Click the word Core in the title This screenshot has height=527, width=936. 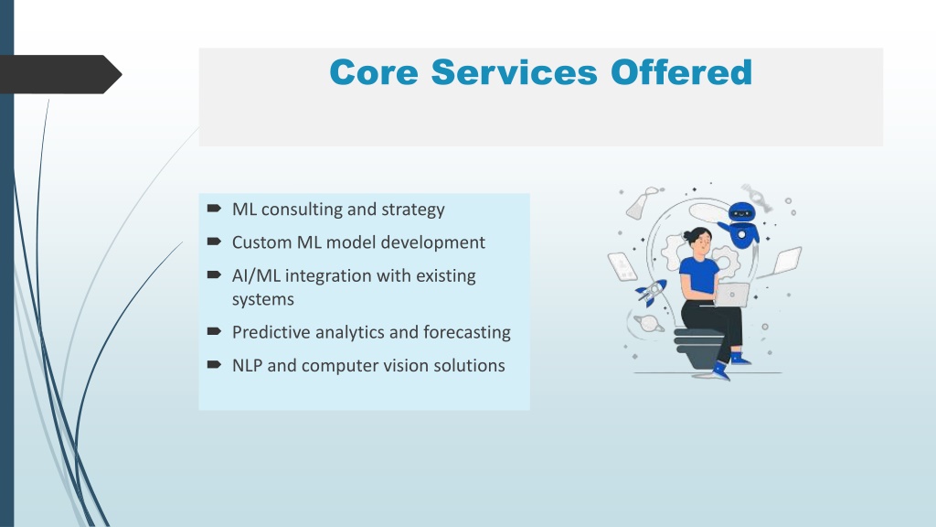(x=374, y=72)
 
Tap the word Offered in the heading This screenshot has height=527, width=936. (x=681, y=72)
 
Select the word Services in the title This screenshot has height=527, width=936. (x=514, y=72)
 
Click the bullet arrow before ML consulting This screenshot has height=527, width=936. (x=214, y=208)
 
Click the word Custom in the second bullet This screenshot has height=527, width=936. (x=261, y=242)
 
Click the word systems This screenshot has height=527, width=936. (x=263, y=299)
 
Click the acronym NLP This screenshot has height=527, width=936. (x=247, y=365)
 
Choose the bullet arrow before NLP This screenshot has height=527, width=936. (x=214, y=364)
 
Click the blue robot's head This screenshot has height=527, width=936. (x=742, y=212)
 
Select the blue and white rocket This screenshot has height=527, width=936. (x=651, y=292)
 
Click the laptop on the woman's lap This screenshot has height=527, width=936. (x=731, y=295)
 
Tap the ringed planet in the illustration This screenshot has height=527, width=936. (x=648, y=323)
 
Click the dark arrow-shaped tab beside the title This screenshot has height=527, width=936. (x=59, y=74)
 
